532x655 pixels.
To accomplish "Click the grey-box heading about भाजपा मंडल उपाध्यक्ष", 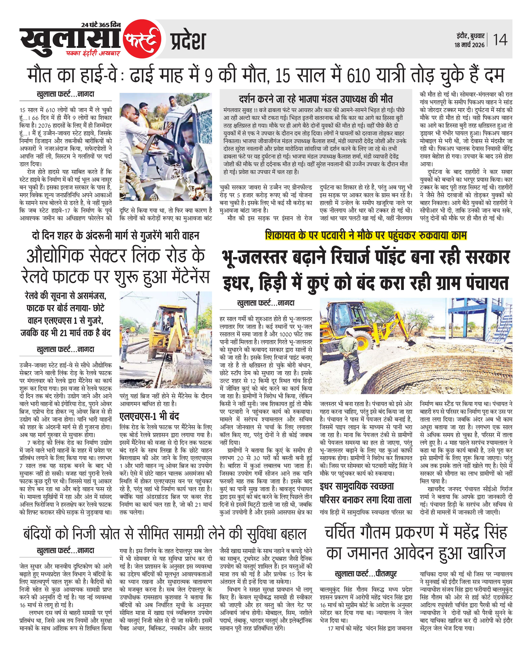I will click(x=316, y=99).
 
